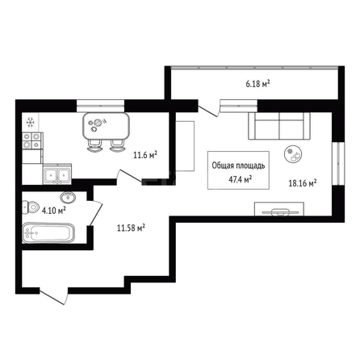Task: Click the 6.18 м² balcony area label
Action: click(x=257, y=84)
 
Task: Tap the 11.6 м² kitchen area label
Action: click(x=145, y=155)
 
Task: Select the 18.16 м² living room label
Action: click(x=303, y=183)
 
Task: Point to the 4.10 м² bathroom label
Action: click(x=54, y=210)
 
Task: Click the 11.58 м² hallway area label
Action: click(x=131, y=228)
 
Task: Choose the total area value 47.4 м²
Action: click(x=240, y=179)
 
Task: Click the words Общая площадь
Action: click(x=238, y=165)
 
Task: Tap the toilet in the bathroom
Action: click(x=31, y=207)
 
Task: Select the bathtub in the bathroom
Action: click(x=48, y=232)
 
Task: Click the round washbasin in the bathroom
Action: click(x=68, y=197)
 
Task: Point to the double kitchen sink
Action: click(x=57, y=174)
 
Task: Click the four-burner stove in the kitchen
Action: click(x=32, y=141)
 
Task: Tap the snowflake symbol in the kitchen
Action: click(x=31, y=123)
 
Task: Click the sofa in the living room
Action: click(x=279, y=126)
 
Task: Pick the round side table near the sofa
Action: click(x=293, y=154)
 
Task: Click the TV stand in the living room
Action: click(x=279, y=209)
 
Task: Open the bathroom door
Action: click(x=95, y=213)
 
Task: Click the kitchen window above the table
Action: click(x=101, y=106)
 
